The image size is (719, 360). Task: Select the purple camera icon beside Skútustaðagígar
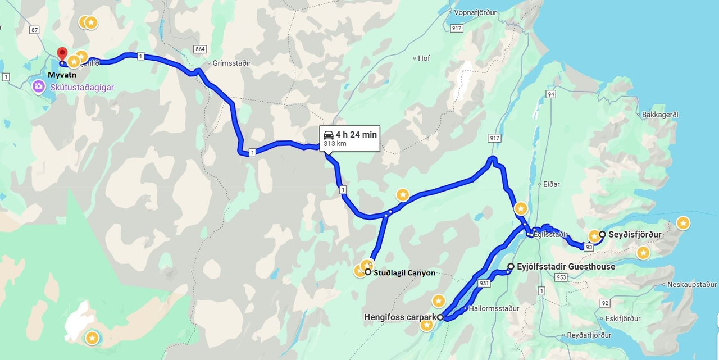tap(38, 87)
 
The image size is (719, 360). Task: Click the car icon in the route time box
tap(329, 135)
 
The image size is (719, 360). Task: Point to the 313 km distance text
tap(335, 144)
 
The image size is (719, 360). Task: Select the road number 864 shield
tap(199, 49)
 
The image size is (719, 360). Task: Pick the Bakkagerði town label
tap(660, 115)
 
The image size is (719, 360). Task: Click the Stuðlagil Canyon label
tap(405, 273)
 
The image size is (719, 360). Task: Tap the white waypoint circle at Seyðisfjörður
tap(602, 234)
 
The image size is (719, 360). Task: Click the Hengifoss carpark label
tap(399, 317)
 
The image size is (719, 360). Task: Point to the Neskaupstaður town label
tap(692, 285)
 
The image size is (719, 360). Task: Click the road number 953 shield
tap(560, 277)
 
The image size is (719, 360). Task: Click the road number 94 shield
tap(551, 94)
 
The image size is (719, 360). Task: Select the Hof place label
tap(424, 58)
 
